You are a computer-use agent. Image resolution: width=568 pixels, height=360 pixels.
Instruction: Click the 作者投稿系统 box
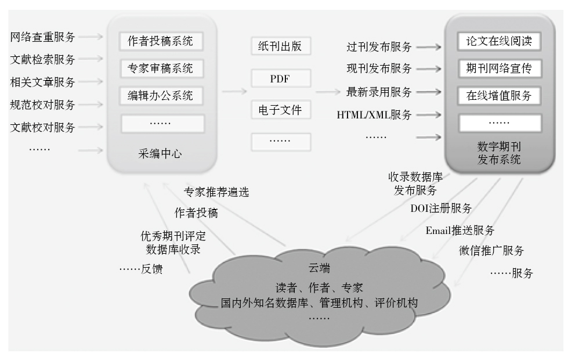tap(160, 42)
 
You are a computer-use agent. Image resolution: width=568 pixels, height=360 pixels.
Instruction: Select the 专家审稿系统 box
tap(160, 69)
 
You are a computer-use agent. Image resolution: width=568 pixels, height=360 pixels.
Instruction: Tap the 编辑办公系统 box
tap(160, 95)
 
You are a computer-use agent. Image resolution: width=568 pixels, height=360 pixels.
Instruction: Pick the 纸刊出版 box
tap(281, 46)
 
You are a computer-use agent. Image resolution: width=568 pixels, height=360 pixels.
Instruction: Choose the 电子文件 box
tap(281, 109)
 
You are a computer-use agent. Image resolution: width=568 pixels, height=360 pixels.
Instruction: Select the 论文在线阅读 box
tap(499, 42)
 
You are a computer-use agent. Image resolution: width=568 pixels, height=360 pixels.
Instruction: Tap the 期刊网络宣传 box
tap(499, 69)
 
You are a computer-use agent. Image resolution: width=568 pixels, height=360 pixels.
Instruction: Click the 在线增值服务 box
tap(499, 95)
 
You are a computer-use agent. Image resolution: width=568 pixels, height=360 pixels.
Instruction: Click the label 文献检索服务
tap(43, 60)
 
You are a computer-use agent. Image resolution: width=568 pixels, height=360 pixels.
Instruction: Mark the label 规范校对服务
tap(43, 105)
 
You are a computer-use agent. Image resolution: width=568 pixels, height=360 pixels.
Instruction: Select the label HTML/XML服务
tap(374, 116)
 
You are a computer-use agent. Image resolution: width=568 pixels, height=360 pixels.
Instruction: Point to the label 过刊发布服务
tap(379, 46)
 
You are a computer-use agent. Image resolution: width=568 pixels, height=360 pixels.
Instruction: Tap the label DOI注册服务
tap(440, 208)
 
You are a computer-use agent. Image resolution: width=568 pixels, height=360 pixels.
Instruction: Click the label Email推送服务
tap(460, 230)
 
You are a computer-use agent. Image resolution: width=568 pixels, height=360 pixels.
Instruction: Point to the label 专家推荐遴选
tap(216, 192)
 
